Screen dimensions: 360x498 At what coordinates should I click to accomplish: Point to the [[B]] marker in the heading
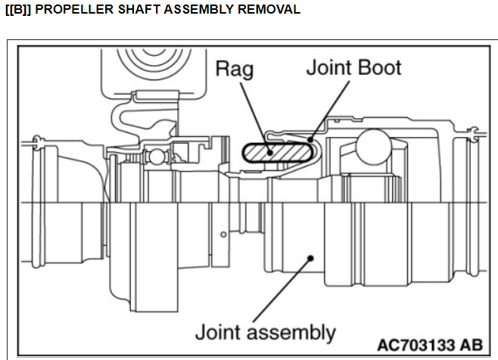19,10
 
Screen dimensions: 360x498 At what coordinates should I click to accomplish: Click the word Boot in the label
378,67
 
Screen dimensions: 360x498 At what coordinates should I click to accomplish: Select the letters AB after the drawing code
468,344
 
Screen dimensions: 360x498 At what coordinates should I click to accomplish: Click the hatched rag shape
276,152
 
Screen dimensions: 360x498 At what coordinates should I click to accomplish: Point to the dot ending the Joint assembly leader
310,258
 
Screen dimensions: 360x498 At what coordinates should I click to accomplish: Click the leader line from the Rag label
253,110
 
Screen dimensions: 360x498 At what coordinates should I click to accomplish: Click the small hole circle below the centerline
223,235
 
